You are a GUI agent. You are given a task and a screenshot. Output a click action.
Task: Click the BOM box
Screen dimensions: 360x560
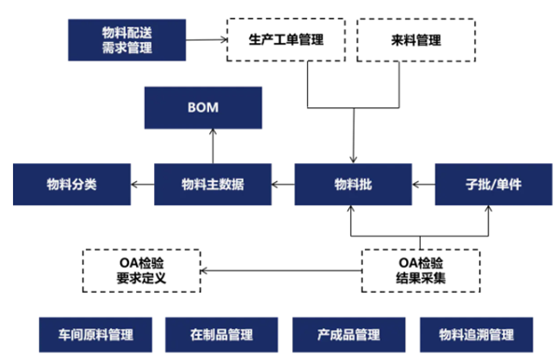(202, 107)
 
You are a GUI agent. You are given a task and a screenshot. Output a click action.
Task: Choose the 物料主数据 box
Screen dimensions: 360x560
(212, 185)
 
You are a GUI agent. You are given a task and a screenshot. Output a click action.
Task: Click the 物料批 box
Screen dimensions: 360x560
(353, 185)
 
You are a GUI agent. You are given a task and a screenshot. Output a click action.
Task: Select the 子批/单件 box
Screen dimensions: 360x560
(492, 185)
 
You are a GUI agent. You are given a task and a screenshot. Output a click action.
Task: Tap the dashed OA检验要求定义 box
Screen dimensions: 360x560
(144, 270)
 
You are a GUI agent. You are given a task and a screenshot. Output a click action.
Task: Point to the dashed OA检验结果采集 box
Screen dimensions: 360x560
(421, 270)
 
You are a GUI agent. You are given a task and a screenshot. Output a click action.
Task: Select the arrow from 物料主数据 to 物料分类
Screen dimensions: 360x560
(141, 185)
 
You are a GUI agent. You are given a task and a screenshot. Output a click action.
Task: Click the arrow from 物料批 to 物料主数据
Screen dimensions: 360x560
(282, 185)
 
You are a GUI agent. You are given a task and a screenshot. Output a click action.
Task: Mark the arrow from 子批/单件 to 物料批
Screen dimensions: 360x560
(423, 185)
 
